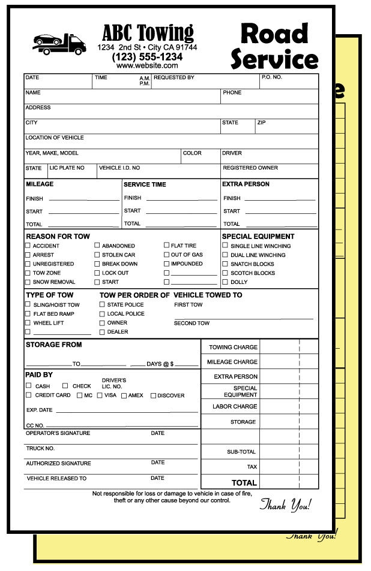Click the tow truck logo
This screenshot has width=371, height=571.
(x=58, y=44)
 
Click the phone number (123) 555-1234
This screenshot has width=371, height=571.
(x=147, y=57)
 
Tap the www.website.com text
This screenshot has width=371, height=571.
(x=147, y=66)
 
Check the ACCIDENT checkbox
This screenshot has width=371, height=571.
(x=28, y=246)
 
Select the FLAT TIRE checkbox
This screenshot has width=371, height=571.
(x=167, y=245)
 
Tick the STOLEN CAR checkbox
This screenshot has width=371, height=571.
(x=97, y=255)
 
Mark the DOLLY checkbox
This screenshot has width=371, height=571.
(x=225, y=282)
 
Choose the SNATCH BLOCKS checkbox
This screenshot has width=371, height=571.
(x=225, y=264)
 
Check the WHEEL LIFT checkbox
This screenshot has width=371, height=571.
(x=28, y=322)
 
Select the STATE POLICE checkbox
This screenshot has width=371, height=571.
(x=102, y=304)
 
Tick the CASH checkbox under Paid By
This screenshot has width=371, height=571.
(x=29, y=386)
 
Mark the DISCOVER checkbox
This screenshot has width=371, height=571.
(x=153, y=395)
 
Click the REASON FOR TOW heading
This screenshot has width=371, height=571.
(x=58, y=236)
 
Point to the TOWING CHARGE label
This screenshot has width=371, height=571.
(x=233, y=347)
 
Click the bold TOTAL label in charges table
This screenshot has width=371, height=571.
(x=244, y=482)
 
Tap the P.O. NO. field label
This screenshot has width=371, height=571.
(x=271, y=77)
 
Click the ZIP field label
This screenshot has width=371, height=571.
(x=261, y=122)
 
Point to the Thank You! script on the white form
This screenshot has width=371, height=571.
(x=286, y=504)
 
